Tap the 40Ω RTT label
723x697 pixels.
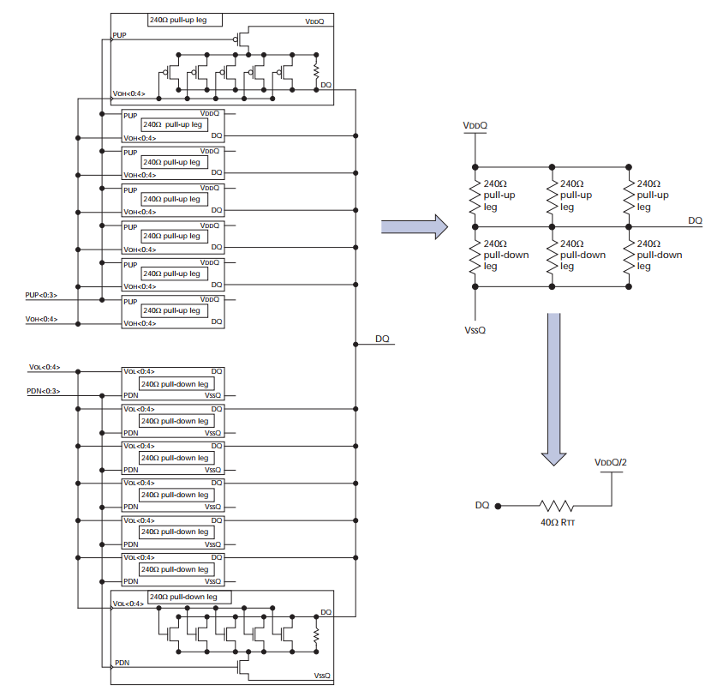(x=558, y=520)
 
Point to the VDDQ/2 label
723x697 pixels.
(x=612, y=462)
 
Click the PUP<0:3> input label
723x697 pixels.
(x=42, y=295)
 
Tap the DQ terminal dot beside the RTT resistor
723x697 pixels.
(x=498, y=506)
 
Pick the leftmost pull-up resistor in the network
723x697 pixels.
(x=472, y=196)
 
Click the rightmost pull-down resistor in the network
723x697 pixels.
(x=630, y=256)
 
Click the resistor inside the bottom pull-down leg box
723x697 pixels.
(x=316, y=635)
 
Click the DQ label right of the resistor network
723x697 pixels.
(x=695, y=220)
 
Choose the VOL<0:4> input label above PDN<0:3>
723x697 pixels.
(x=44, y=367)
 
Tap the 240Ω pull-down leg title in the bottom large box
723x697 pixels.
(x=183, y=597)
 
